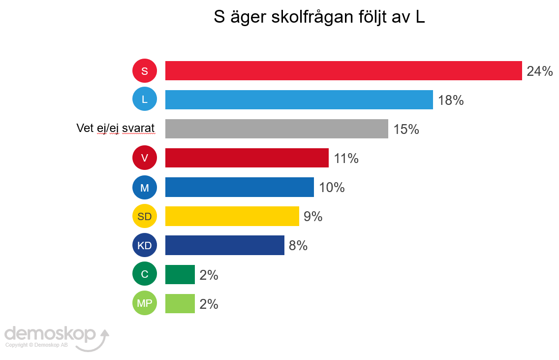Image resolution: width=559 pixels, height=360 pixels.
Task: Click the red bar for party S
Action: (343, 70)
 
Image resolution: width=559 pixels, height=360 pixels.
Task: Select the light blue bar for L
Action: (299, 99)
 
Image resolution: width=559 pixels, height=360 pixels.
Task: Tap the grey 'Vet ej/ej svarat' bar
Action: (277, 129)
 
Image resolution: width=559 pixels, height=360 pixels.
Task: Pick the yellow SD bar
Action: (232, 216)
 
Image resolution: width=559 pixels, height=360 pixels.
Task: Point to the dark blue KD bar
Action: (224, 245)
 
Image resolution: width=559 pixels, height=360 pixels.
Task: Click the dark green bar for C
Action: (180, 274)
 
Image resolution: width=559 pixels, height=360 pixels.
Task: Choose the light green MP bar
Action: (180, 303)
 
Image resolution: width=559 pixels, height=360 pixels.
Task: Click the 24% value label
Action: (539, 71)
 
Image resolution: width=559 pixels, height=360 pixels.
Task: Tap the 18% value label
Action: (451, 100)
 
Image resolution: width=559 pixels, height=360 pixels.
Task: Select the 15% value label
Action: (406, 130)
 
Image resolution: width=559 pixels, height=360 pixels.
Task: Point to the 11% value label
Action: (346, 159)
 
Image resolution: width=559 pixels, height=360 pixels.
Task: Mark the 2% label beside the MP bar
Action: (209, 304)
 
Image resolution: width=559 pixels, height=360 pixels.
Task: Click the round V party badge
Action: (145, 158)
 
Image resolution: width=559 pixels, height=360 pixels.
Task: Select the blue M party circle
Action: (145, 187)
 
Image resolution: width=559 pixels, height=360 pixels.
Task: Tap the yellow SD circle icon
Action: (145, 216)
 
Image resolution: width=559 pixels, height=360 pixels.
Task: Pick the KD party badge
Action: (145, 245)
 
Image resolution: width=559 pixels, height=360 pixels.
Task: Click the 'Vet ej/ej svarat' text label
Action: (116, 129)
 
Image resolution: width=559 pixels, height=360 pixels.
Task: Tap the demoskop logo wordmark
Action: (50, 333)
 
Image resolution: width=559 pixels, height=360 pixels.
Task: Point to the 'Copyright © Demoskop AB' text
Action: (36, 345)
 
